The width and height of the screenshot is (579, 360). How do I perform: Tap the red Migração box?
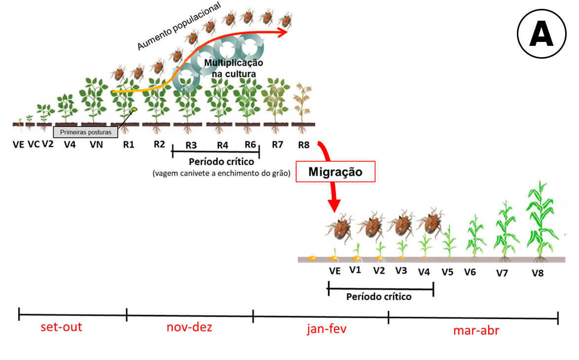(335, 172)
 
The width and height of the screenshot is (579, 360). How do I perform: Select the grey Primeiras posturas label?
(85, 132)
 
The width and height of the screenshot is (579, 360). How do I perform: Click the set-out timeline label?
(61, 327)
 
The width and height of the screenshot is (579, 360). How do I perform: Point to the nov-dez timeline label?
(188, 327)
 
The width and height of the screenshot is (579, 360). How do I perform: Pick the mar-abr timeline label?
(476, 330)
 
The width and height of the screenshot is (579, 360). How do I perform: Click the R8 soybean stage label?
(304, 145)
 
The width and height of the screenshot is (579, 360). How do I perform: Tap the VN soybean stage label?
(96, 145)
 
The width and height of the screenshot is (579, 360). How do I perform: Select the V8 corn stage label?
(538, 272)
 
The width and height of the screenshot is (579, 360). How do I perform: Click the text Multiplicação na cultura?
(234, 68)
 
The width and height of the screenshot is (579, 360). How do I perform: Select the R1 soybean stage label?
(129, 145)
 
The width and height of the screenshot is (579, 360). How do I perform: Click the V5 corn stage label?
(447, 271)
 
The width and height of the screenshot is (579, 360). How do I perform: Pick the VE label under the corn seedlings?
(335, 270)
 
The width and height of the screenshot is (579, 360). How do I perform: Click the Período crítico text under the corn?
(379, 297)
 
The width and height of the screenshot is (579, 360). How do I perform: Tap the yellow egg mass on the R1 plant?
(133, 109)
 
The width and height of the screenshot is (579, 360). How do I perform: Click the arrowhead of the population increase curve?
(285, 32)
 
